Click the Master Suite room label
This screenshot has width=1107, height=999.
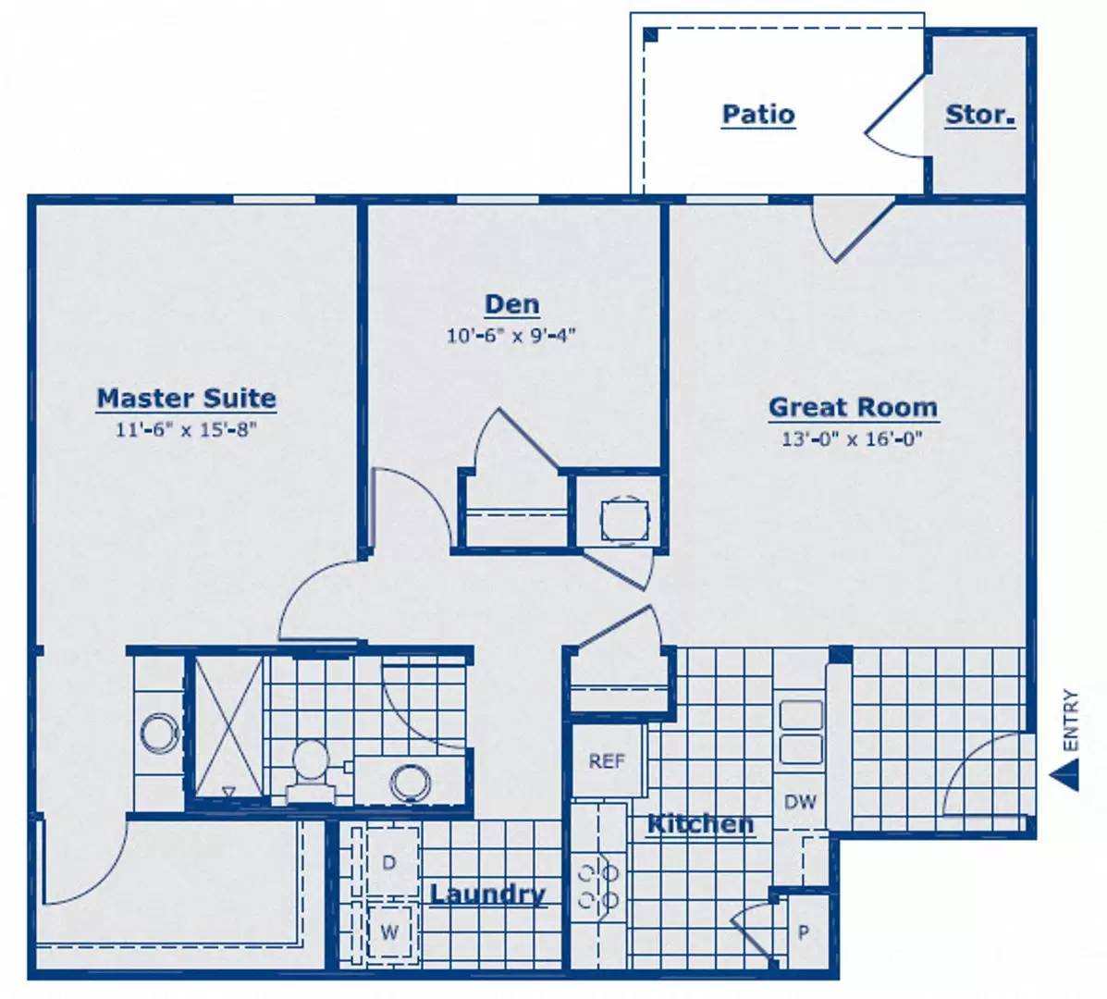187,398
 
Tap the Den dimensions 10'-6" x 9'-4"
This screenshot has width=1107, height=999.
511,336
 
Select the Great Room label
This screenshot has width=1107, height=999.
854,407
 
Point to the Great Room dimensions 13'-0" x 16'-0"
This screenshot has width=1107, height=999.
852,439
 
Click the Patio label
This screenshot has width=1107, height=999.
759,115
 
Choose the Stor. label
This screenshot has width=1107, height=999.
980,115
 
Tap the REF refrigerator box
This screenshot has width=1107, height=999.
608,761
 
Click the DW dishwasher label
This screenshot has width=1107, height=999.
800,802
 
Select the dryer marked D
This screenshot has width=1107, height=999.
388,862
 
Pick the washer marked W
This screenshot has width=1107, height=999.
389,931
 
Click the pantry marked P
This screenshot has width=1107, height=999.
804,931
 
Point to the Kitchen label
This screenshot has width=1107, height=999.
701,824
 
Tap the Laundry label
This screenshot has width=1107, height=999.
488,894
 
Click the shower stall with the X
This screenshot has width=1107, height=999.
228,727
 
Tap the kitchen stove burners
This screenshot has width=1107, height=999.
598,886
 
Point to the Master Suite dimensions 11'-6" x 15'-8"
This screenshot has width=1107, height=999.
186,430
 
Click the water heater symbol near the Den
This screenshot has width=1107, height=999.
624,521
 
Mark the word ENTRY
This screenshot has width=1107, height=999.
1071,721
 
